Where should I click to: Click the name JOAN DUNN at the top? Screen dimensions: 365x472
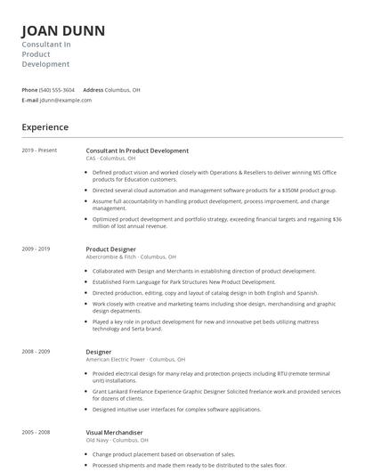point(63,31)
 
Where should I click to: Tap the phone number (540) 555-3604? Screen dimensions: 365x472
point(58,90)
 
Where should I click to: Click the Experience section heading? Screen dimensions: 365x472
point(45,127)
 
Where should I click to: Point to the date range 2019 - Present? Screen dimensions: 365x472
point(39,151)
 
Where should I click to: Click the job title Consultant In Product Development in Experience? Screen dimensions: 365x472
point(137,151)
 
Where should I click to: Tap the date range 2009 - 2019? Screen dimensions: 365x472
point(36,248)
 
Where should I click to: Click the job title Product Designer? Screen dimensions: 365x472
point(110,248)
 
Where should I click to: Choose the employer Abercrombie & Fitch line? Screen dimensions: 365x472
point(131,256)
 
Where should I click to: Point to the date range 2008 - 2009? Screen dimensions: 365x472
point(36,352)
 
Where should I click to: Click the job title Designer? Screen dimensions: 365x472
point(99,352)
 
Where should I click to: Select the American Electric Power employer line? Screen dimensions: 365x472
point(136,360)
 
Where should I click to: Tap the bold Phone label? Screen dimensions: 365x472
point(29,90)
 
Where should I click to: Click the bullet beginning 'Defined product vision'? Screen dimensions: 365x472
point(215,176)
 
